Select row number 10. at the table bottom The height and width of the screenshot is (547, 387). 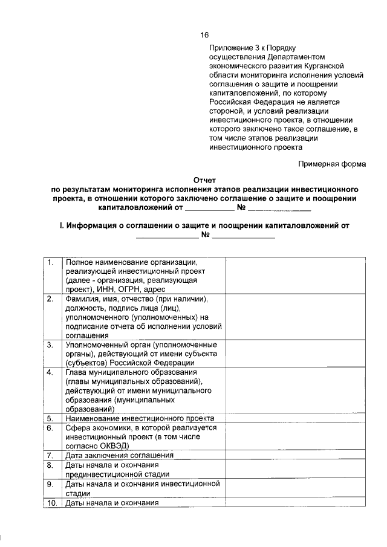(52, 502)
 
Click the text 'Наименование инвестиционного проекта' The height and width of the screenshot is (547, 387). (140, 418)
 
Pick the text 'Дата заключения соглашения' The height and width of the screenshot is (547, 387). (120, 455)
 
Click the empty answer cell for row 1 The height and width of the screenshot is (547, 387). (295, 276)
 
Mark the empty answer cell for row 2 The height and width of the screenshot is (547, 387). (295, 317)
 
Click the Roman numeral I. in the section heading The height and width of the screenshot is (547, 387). (60, 225)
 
